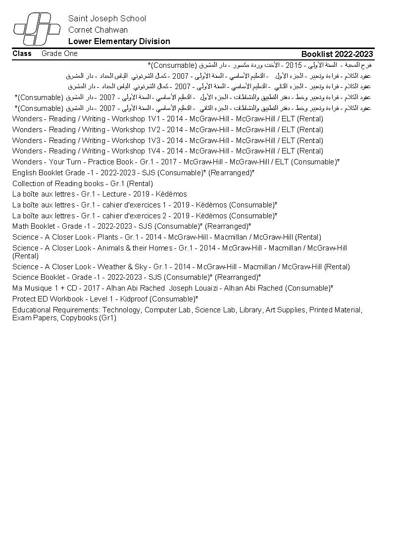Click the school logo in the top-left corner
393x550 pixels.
point(33,30)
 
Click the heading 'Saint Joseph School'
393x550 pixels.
point(107,19)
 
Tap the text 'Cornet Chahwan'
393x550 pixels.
point(98,30)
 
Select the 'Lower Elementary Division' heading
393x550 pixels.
point(119,42)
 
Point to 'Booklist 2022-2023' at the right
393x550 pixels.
point(337,54)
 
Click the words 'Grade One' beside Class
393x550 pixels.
point(59,53)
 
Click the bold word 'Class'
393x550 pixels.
point(22,53)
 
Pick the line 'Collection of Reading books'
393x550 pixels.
point(58,184)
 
